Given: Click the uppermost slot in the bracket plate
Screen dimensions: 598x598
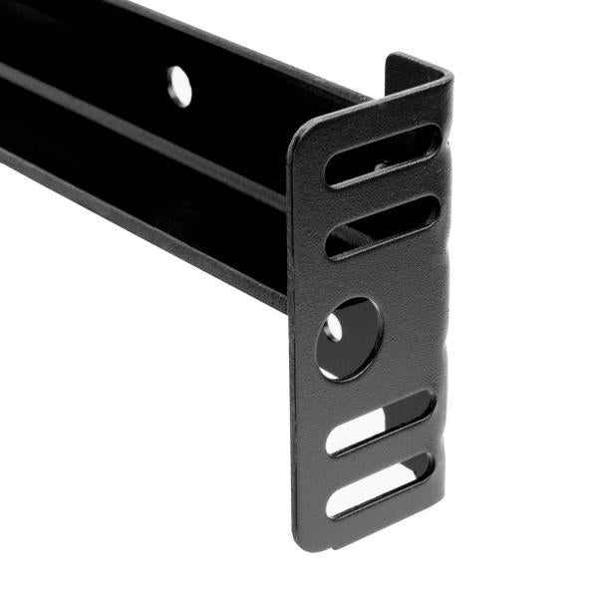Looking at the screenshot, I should click(x=382, y=155).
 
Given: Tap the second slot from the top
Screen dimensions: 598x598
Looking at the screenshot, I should click(x=382, y=226).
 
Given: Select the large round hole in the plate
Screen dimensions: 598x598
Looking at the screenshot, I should click(x=348, y=338).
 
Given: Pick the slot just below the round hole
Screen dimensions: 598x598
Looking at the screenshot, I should click(x=380, y=422).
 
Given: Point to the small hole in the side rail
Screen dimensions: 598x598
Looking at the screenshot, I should click(x=179, y=86).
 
